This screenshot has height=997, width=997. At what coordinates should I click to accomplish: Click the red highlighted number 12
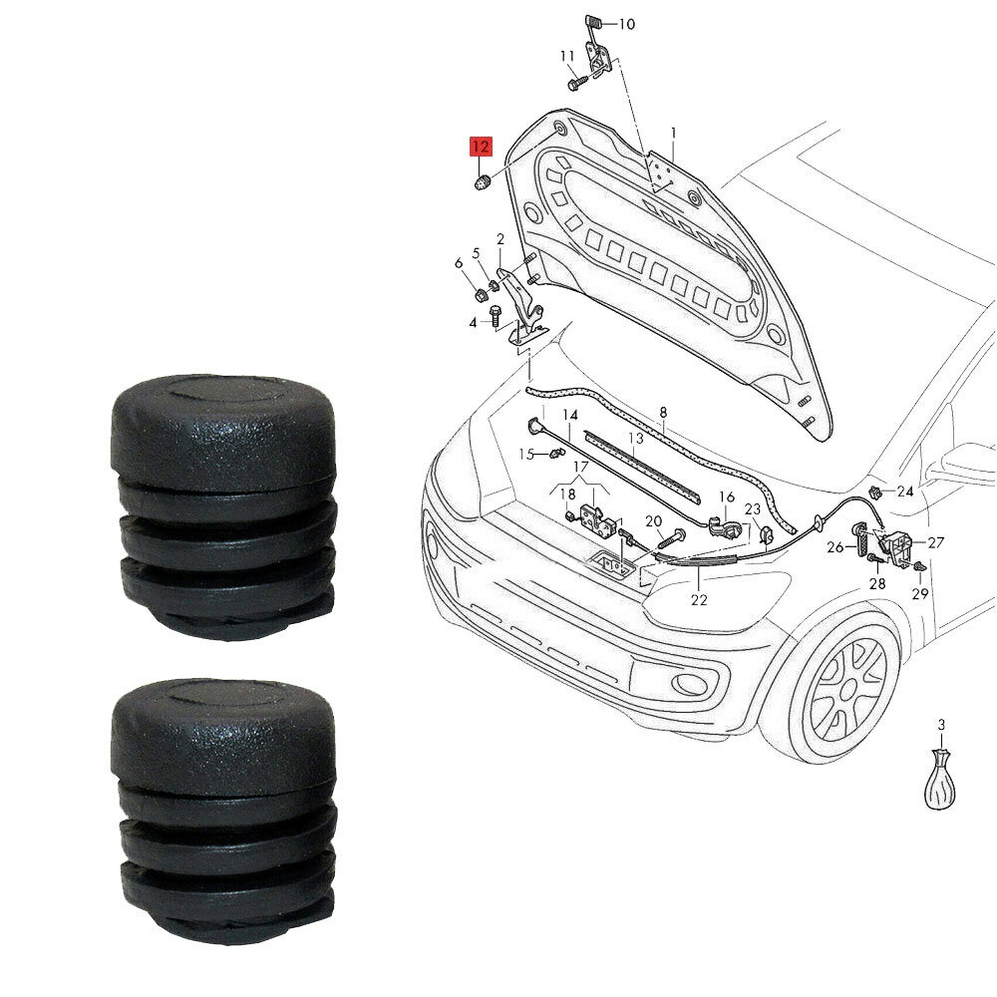(481, 147)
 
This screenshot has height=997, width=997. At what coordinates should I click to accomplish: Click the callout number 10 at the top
(626, 24)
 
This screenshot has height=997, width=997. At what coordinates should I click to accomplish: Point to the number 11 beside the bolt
(567, 56)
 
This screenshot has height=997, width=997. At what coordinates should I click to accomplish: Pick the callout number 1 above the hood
(673, 132)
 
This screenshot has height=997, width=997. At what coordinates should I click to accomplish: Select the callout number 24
(904, 492)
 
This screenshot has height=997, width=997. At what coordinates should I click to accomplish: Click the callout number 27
(935, 543)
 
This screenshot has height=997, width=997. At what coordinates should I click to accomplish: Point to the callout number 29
(919, 594)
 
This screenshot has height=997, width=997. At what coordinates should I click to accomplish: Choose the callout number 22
(699, 600)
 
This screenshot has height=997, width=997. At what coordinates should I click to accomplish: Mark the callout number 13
(636, 438)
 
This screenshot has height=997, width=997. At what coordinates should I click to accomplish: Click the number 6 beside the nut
(459, 263)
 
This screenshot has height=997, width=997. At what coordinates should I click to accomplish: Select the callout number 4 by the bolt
(474, 322)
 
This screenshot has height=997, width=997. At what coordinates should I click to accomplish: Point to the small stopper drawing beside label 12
(482, 181)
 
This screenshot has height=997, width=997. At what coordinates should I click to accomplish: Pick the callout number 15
(526, 455)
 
